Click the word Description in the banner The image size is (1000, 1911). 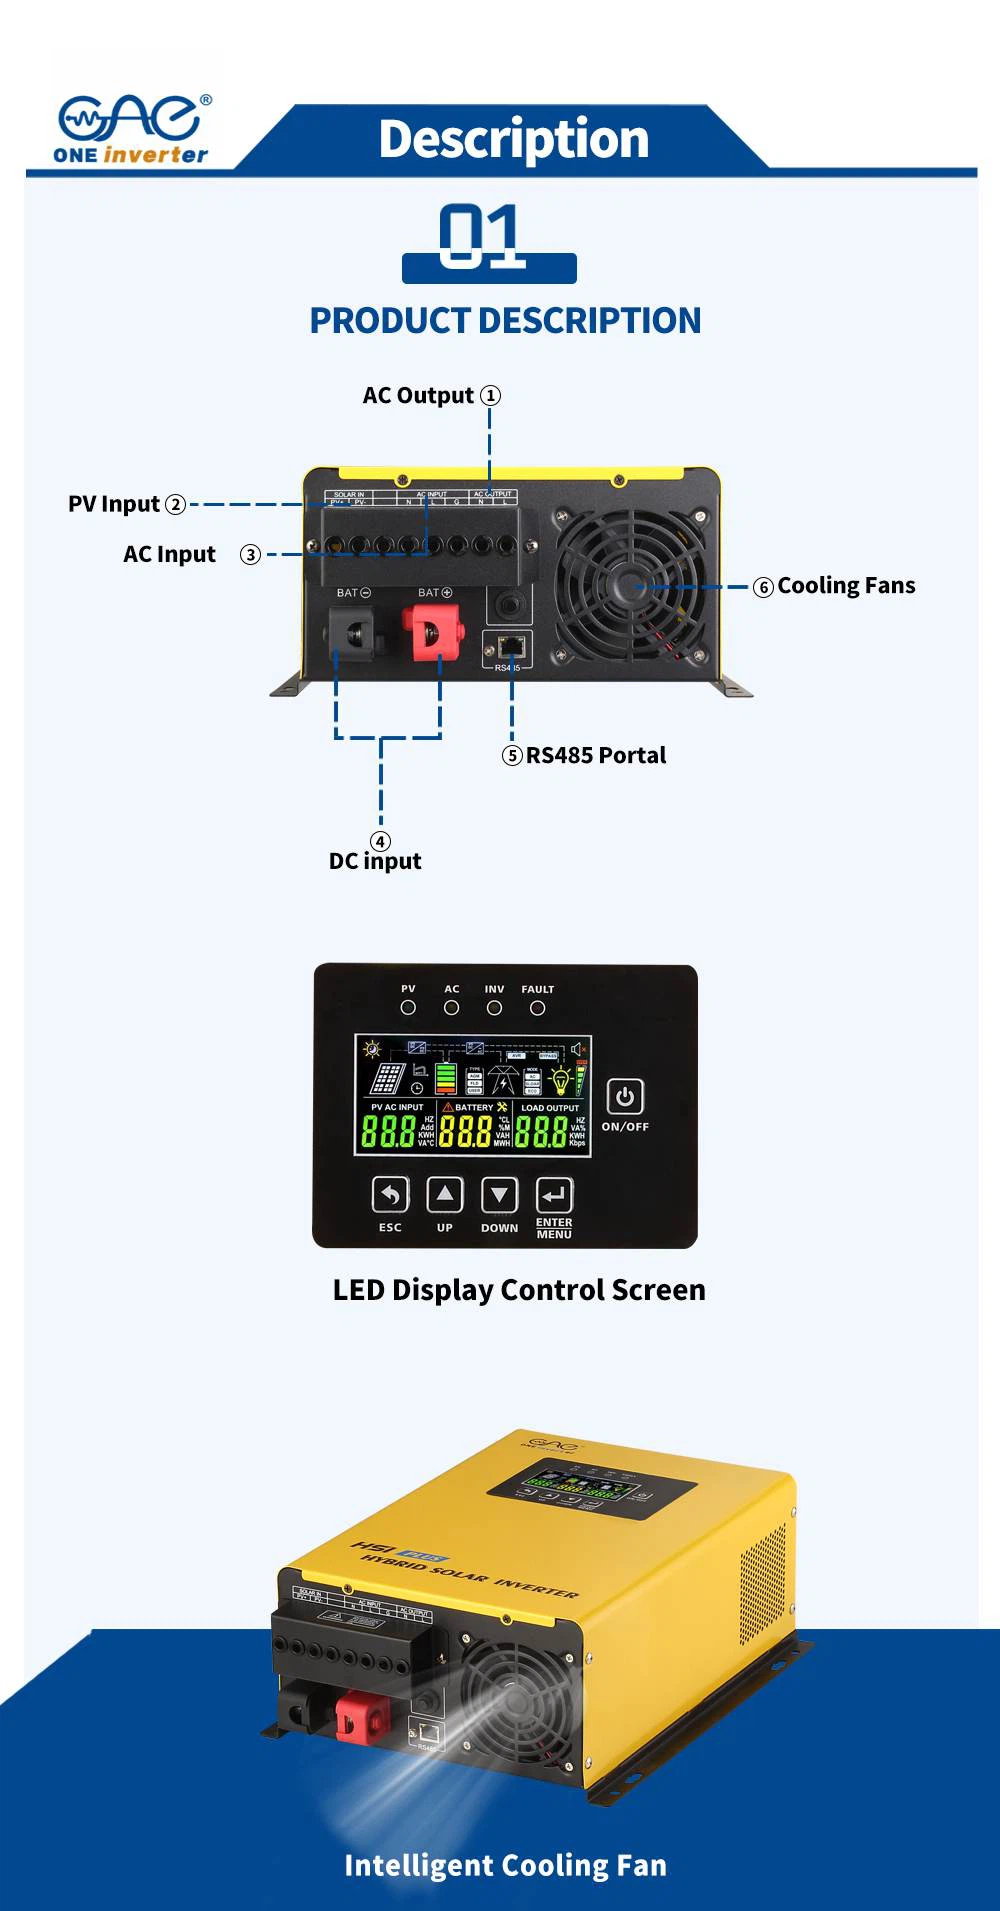click(514, 139)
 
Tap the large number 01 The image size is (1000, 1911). click(482, 237)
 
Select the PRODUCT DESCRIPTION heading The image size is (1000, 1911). click(505, 321)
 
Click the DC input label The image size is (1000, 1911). click(375, 860)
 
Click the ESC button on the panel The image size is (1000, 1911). click(390, 1194)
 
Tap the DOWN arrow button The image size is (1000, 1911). click(499, 1194)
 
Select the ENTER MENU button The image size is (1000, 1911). click(554, 1194)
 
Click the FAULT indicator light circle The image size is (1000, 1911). click(537, 1008)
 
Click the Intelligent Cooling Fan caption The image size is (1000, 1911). click(505, 1865)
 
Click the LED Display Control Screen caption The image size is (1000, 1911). click(519, 1290)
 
